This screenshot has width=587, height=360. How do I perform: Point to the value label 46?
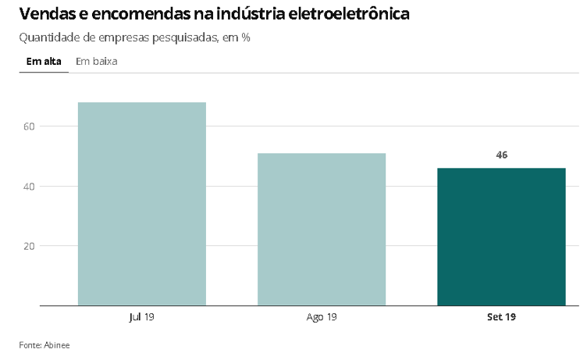click(x=502, y=155)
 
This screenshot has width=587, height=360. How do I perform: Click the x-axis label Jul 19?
click(x=142, y=317)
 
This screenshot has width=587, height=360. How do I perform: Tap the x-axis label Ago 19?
click(x=322, y=317)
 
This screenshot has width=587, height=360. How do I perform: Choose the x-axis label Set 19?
click(x=501, y=317)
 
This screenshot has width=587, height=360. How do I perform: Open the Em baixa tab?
click(x=97, y=61)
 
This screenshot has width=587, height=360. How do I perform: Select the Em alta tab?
click(x=44, y=61)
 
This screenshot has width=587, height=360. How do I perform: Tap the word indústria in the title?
click(x=261, y=14)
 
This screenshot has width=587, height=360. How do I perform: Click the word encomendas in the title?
click(x=145, y=14)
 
